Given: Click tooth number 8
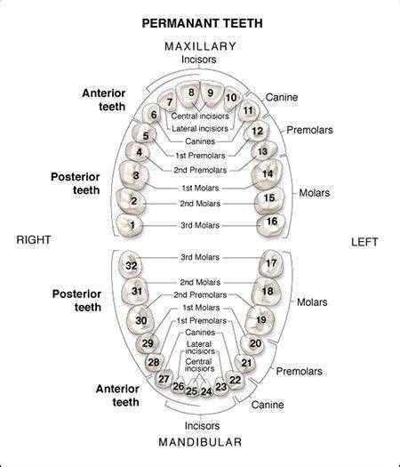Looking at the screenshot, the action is tap(188, 94).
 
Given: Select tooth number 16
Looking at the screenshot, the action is tap(271, 225).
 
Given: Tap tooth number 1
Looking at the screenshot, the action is tap(130, 225).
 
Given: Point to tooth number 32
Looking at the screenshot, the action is tap(130, 264).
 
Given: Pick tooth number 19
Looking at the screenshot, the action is tap(260, 320).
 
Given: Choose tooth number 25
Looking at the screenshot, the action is tap(192, 389).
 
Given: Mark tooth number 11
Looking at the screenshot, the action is tap(249, 111).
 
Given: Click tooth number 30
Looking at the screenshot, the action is tap(140, 319).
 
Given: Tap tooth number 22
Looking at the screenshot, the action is tap(236, 380).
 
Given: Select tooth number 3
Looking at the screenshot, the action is tap(133, 175).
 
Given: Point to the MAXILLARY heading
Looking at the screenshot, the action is tap(200, 46).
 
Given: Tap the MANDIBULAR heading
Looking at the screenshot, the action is tap(200, 442).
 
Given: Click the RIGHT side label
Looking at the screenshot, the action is tap(34, 240).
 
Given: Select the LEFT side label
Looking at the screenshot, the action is tap(364, 242).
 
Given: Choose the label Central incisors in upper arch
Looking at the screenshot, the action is tap(200, 116).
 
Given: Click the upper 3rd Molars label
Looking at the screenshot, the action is tap(200, 225).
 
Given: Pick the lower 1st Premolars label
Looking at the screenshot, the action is tap(202, 321).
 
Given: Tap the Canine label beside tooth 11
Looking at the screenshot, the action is tap(282, 97).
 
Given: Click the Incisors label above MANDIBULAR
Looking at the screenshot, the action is tap(202, 426).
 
